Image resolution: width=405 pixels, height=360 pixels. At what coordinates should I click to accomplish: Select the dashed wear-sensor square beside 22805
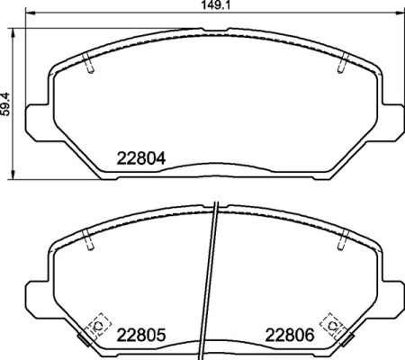point(94,322)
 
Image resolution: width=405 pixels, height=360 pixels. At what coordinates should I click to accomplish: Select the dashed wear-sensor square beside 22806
point(332,322)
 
